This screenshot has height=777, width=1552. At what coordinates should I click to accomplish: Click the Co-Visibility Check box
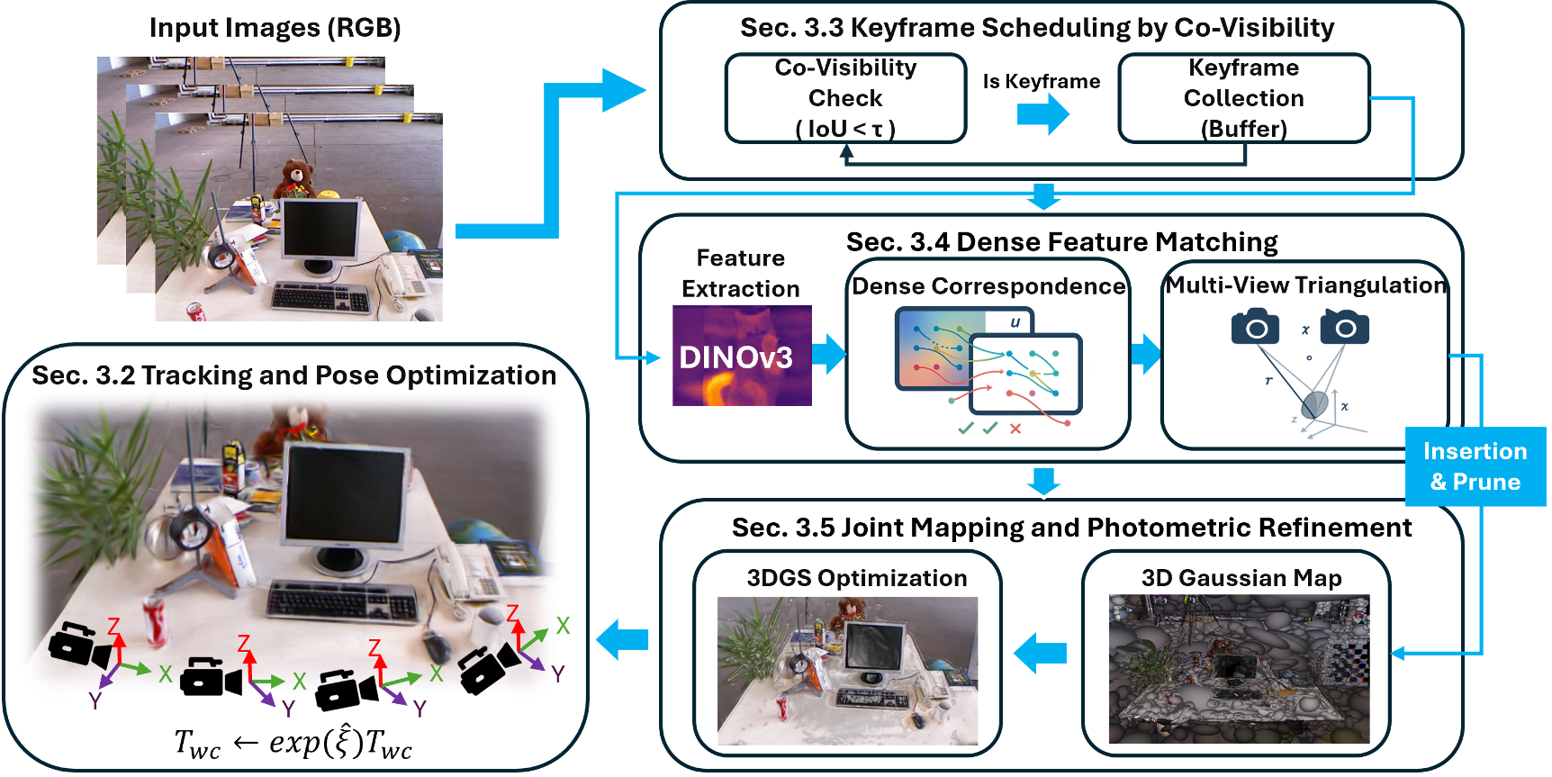pyautogui.click(x=845, y=98)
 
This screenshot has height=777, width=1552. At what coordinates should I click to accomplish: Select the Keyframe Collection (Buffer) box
pyautogui.click(x=1244, y=98)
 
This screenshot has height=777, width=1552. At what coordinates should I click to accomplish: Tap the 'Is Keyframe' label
pyautogui.click(x=1042, y=82)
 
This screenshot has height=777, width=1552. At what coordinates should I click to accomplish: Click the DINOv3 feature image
pyautogui.click(x=742, y=356)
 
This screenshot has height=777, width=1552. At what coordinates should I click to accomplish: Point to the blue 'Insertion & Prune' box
pyautogui.click(x=1475, y=466)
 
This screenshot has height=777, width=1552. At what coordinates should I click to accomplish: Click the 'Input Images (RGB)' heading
pyautogui.click(x=275, y=28)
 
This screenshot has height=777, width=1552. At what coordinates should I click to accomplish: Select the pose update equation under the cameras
pyautogui.click(x=293, y=743)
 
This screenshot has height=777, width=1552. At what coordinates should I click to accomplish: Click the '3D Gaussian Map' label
pyautogui.click(x=1241, y=578)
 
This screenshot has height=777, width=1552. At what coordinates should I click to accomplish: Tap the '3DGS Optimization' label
pyautogui.click(x=857, y=578)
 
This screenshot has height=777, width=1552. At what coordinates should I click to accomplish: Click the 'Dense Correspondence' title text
pyautogui.click(x=988, y=286)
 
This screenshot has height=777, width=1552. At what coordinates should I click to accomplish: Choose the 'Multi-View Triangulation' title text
pyautogui.click(x=1306, y=285)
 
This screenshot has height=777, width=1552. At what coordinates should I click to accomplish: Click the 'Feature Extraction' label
pyautogui.click(x=741, y=274)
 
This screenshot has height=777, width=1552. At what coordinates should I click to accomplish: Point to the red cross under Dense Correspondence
pyautogui.click(x=1015, y=429)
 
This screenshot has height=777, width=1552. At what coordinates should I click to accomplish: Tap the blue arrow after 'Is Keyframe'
pyautogui.click(x=1043, y=114)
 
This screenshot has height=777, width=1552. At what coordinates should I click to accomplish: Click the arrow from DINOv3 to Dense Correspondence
pyautogui.click(x=829, y=354)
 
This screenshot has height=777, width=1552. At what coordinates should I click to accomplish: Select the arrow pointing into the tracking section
pyautogui.click(x=622, y=639)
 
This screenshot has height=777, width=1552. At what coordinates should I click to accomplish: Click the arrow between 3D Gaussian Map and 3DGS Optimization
pyautogui.click(x=1041, y=653)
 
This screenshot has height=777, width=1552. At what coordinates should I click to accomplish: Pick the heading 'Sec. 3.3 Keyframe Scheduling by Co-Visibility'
pyautogui.click(x=1037, y=28)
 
